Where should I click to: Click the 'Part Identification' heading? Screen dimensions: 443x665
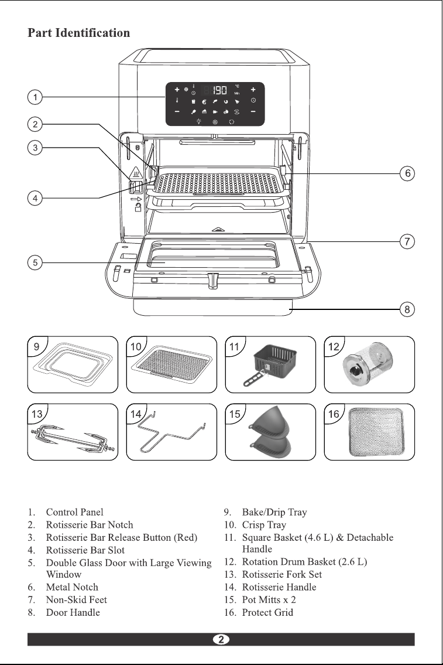pos(79,33)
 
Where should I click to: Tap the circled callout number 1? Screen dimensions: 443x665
pos(35,97)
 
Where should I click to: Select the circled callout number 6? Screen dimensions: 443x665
pos(407,173)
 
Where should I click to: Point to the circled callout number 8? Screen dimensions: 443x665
pos(407,309)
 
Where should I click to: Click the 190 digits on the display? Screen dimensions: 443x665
pos(220,90)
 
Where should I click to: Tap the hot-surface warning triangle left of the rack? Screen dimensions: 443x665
pos(136,173)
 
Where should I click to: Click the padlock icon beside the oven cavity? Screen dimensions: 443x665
pos(138,207)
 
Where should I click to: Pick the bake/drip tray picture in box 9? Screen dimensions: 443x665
pos(73,364)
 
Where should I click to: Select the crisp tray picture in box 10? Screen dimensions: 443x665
pos(171,364)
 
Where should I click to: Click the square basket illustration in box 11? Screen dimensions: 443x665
pos(271,365)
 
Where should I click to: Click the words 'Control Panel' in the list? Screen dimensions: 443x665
pos(74,512)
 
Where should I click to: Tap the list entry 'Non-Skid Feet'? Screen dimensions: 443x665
pos(76,600)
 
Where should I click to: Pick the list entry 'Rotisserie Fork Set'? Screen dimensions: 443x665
pos(282,574)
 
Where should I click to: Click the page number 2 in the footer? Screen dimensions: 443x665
pos(221,639)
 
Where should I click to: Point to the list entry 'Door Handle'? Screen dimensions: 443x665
pos(73,612)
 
